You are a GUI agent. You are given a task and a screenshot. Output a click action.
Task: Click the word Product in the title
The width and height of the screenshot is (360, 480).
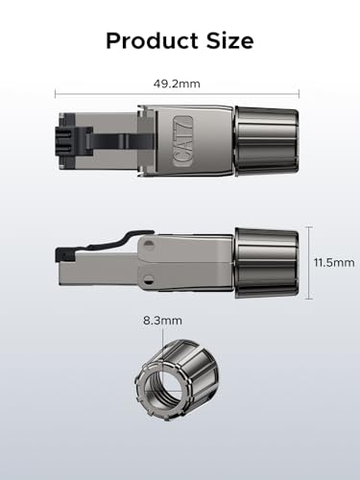(x=154, y=41)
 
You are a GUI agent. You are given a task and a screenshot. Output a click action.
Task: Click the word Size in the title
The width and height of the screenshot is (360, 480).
(x=228, y=41)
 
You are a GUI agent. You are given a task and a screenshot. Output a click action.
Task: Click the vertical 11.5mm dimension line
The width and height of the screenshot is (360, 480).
(x=310, y=262)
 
